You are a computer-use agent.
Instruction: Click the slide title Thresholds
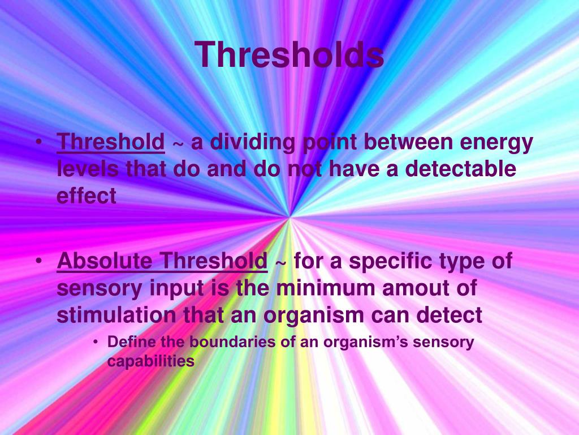(x=289, y=55)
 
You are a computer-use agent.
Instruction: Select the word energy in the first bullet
(x=496, y=142)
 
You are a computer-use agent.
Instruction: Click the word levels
(x=88, y=169)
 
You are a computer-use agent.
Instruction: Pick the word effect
(x=87, y=195)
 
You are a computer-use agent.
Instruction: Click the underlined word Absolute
(x=105, y=262)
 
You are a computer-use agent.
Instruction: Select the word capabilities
(x=151, y=361)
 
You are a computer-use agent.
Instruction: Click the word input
(x=176, y=289)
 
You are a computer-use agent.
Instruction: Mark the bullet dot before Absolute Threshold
(x=38, y=262)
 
